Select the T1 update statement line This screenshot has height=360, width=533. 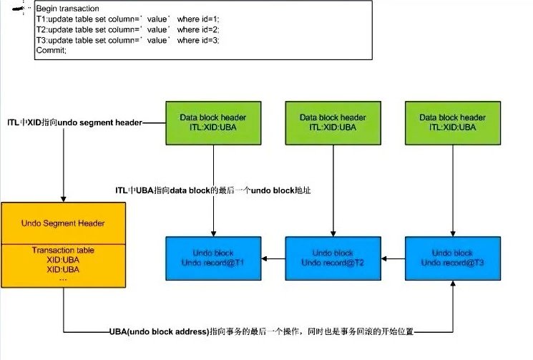(x=127, y=19)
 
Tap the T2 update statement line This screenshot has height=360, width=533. (x=127, y=29)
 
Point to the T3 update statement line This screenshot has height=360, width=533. (x=127, y=40)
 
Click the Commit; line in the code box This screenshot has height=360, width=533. (x=51, y=51)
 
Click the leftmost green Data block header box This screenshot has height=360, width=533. (x=213, y=122)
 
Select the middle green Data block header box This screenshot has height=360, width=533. (x=333, y=122)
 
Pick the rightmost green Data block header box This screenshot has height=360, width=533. (x=453, y=122)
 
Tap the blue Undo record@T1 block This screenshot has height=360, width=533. (x=213, y=258)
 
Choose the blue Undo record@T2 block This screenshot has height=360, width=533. (x=333, y=258)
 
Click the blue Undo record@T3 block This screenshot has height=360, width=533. (x=453, y=258)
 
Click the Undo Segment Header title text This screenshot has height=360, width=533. (x=64, y=223)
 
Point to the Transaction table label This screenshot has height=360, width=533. (x=64, y=250)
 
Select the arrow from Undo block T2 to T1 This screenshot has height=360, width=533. (x=273, y=258)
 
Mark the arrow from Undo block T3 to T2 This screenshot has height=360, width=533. (x=393, y=258)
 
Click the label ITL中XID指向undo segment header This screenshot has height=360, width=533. (x=74, y=123)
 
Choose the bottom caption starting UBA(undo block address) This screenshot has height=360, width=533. (x=260, y=332)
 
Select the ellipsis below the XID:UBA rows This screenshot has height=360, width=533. (x=64, y=279)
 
